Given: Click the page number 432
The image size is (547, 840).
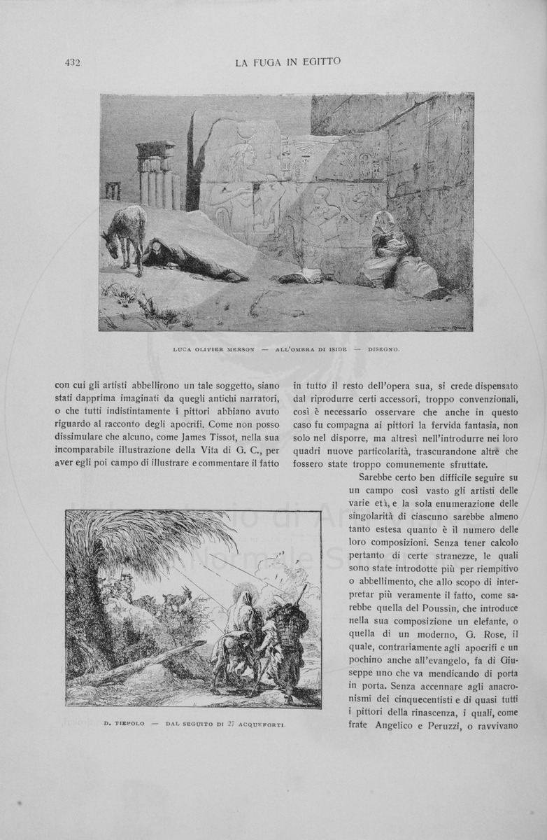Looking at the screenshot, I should [73, 62].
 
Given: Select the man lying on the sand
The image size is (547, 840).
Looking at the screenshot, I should [192, 260].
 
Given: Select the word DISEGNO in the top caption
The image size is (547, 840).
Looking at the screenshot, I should [384, 349].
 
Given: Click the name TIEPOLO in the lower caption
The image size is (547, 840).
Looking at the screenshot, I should [129, 723].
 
